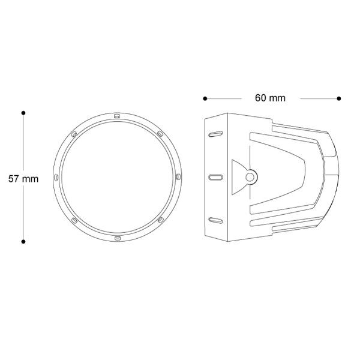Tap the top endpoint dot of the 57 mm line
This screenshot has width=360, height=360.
click(23, 112)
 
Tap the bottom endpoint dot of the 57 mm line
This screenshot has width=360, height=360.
click(23, 242)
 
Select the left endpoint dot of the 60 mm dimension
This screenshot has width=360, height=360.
click(205, 98)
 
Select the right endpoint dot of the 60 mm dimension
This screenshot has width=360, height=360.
click(339, 98)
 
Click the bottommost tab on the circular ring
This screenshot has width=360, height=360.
click(116, 239)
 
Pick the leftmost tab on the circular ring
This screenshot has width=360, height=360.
click(55, 177)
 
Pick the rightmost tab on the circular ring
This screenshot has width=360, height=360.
click(179, 177)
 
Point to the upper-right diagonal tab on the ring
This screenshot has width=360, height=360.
click(160, 133)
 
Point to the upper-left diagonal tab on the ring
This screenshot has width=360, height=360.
click(73, 133)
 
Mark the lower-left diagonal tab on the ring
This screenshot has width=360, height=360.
click(73, 221)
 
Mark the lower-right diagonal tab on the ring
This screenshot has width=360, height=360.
click(160, 221)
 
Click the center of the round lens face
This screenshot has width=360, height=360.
click(116, 177)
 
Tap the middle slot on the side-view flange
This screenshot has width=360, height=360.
click(212, 177)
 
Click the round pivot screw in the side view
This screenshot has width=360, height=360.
click(250, 176)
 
